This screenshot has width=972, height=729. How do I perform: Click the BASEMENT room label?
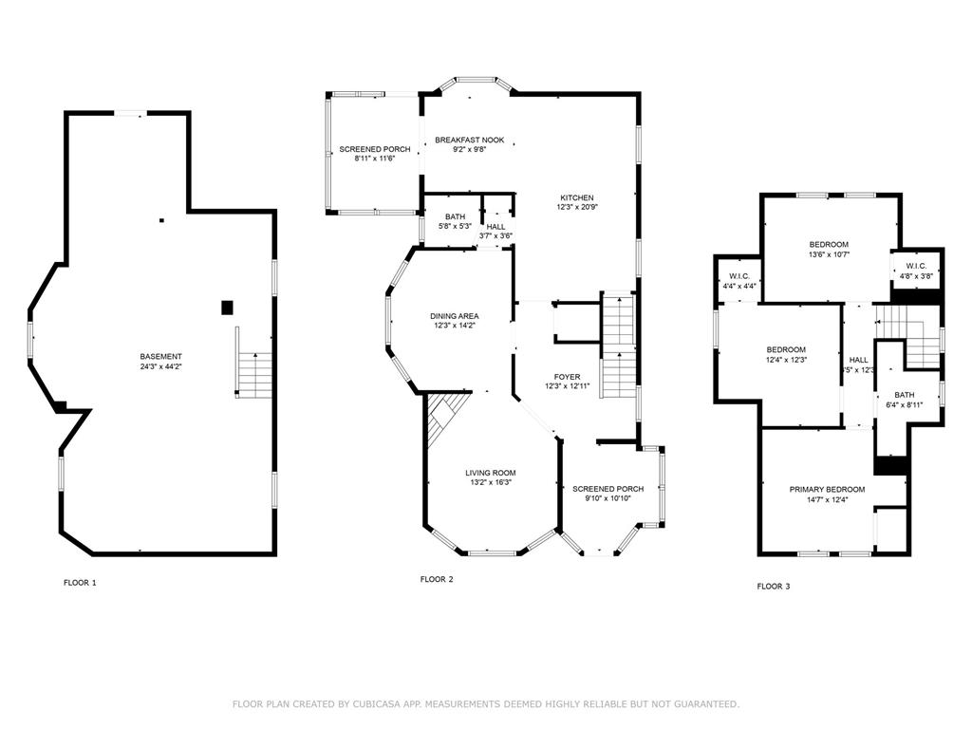click(x=160, y=357)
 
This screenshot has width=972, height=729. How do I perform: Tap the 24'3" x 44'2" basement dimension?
click(x=160, y=366)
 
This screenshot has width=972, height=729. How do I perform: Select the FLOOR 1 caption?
click(x=80, y=583)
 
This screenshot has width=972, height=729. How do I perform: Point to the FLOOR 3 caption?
click(x=774, y=586)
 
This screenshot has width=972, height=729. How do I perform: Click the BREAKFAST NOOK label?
click(x=469, y=140)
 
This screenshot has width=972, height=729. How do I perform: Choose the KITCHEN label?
click(x=576, y=197)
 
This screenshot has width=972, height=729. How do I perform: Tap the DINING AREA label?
click(x=455, y=316)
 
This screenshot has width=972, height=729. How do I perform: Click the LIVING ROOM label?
click(x=491, y=473)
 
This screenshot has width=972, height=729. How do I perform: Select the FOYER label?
click(x=568, y=377)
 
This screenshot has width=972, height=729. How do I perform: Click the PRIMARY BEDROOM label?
click(x=827, y=490)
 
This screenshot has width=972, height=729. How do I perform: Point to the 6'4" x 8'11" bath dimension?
click(x=905, y=404)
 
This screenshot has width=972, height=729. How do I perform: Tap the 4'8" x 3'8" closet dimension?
click(x=916, y=276)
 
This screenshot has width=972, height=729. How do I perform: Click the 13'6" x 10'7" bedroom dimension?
click(x=829, y=254)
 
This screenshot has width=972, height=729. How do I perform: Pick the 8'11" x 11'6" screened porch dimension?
click(x=374, y=159)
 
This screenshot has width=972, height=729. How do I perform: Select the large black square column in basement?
click(x=228, y=308)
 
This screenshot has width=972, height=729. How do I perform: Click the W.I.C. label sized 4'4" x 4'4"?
click(x=739, y=276)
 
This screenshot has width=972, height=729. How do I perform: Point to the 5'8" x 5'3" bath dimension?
click(x=455, y=226)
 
